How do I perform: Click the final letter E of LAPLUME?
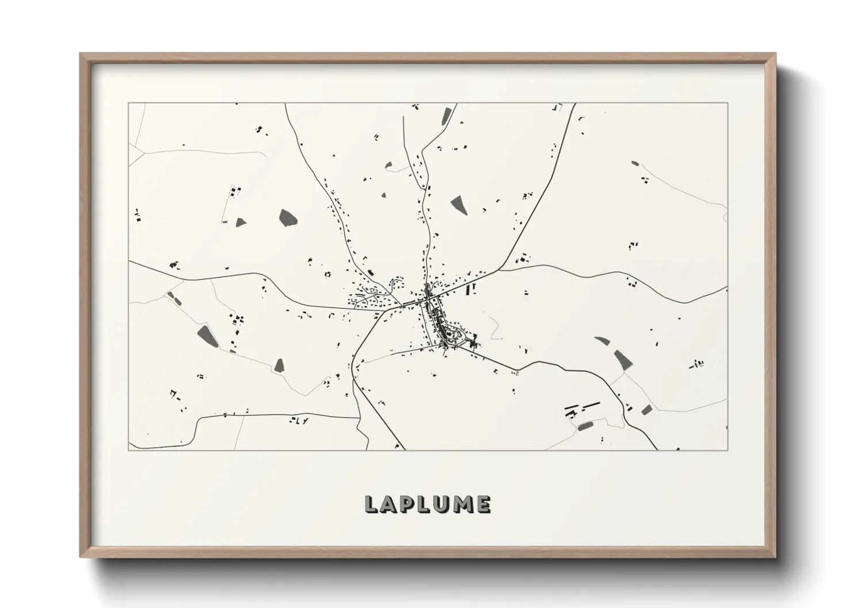[x=483, y=505]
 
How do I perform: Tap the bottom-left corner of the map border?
[x=129, y=450]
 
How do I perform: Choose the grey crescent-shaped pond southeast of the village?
[x=602, y=341]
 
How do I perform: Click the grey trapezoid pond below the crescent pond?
[x=622, y=360]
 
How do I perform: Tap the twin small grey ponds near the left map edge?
[x=172, y=298]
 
